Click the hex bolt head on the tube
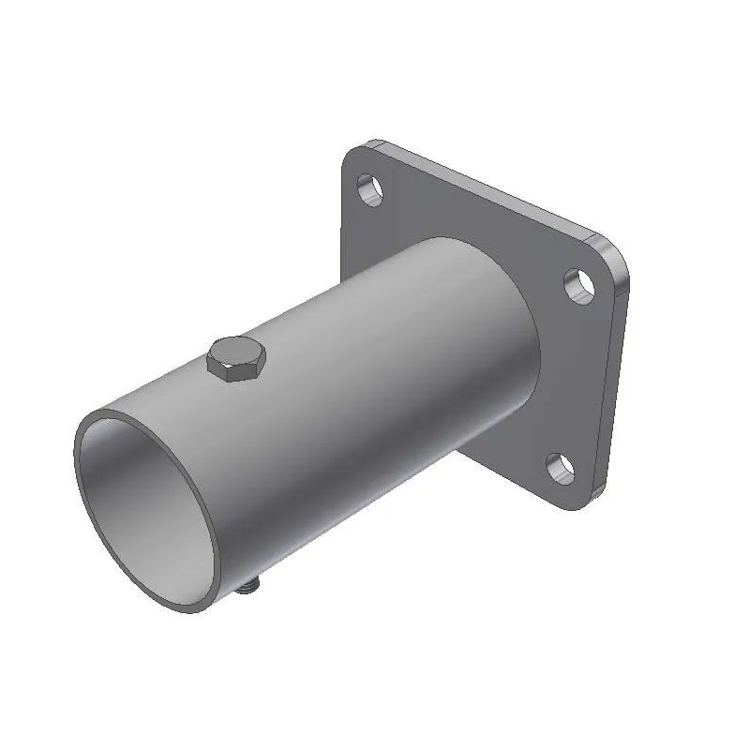pos(236,359)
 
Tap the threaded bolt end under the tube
pos(248,587)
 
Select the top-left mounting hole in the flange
pos(371,188)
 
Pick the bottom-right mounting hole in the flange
pos(560,466)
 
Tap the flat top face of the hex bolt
pos(236,352)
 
